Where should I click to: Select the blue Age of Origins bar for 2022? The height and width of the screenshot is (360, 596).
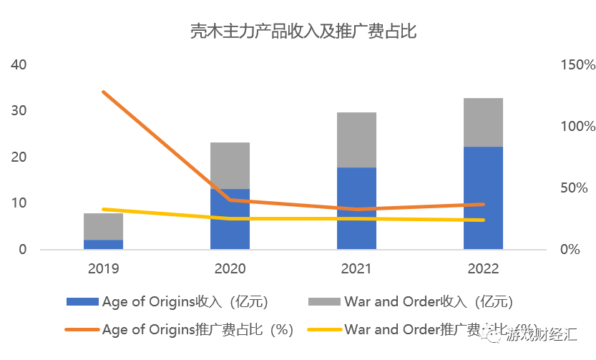[483, 198]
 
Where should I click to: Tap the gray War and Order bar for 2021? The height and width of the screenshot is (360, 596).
[356, 140]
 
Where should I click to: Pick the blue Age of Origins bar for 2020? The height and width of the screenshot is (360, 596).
[230, 219]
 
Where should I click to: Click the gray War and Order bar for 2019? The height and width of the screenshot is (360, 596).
[103, 226]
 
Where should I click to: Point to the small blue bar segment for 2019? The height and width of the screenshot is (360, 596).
[103, 245]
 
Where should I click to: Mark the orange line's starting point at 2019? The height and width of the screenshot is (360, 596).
[104, 92]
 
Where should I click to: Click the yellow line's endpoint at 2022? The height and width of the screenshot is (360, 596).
[483, 220]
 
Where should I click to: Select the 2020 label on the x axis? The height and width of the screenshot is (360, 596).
[230, 269]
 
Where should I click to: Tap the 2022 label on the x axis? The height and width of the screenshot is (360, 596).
[483, 269]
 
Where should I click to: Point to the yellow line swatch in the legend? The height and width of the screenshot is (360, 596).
[324, 330]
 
